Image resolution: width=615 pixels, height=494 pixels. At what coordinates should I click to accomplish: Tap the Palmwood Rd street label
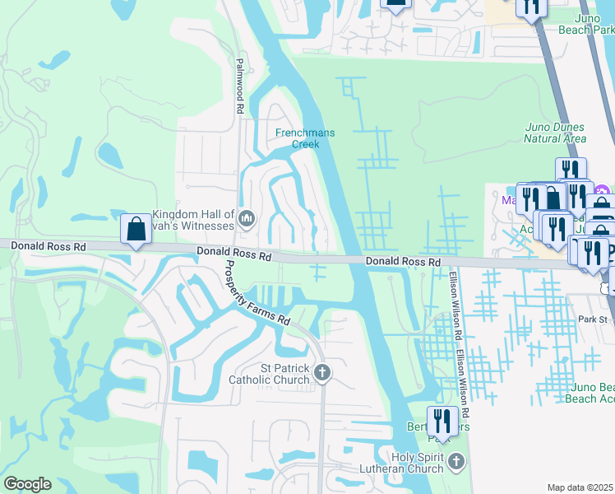click(x=240, y=86)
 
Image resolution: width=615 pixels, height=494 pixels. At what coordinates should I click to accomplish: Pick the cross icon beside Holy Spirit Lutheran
click(x=457, y=462)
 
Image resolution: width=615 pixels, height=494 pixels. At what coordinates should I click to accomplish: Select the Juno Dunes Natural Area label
click(x=554, y=133)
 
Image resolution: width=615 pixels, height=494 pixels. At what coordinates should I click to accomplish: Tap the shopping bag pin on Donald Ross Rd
click(x=136, y=228)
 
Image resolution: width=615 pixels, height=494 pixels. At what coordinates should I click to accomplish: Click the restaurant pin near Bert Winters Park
click(x=442, y=422)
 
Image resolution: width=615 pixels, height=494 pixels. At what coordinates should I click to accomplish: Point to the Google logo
click(x=27, y=484)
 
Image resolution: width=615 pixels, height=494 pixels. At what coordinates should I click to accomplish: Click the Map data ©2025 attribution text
click(x=580, y=487)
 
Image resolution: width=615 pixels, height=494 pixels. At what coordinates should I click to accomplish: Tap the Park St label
click(x=591, y=319)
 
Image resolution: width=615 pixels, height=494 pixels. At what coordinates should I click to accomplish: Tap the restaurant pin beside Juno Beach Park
click(x=531, y=7)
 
